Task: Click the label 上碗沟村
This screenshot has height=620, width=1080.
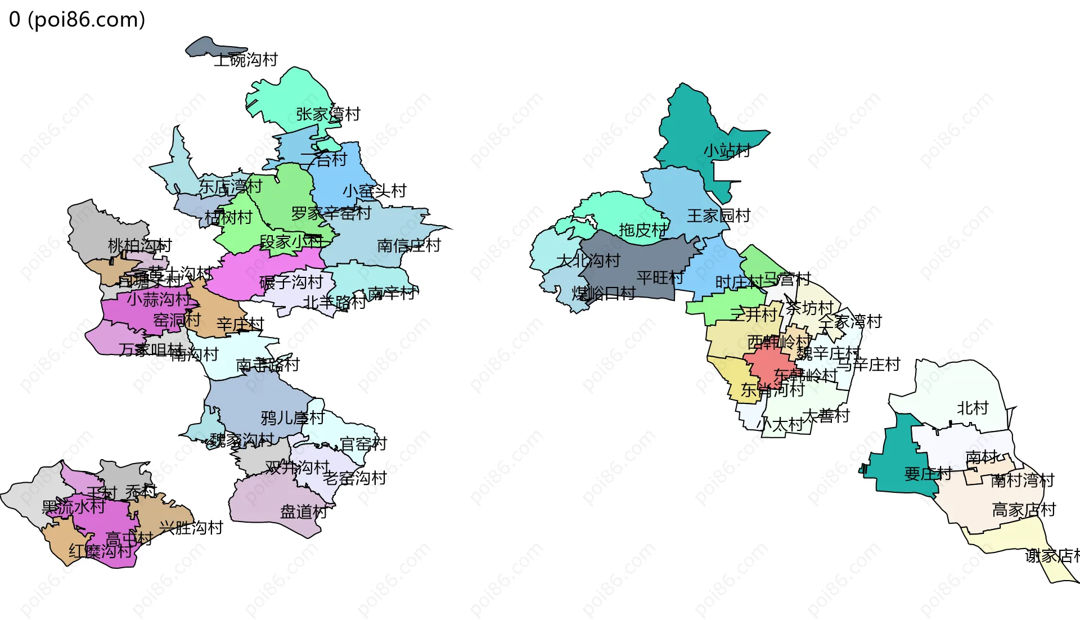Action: tap(246, 60)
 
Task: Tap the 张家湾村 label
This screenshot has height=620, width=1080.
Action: tap(328, 114)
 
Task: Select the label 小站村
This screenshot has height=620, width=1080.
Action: tap(727, 151)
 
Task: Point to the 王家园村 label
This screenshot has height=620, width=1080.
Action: tap(718, 215)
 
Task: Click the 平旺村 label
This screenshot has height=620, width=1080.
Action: tap(660, 277)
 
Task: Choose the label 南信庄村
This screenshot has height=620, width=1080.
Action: tap(408, 245)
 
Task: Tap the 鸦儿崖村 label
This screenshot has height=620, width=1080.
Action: tap(292, 418)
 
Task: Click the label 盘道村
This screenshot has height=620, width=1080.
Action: tap(303, 512)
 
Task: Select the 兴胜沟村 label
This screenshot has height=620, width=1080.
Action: tap(191, 528)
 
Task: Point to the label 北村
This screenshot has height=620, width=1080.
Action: tap(973, 408)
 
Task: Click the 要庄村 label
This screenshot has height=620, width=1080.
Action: tap(928, 474)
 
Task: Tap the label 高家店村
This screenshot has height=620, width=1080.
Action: tap(1024, 510)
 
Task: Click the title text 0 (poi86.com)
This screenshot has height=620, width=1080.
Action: tap(77, 20)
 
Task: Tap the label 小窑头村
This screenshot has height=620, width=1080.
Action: tap(374, 191)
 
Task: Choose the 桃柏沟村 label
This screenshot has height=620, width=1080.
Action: tap(139, 246)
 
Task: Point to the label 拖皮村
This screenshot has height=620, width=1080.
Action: tap(642, 230)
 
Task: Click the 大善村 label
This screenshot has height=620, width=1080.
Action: tap(825, 416)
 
